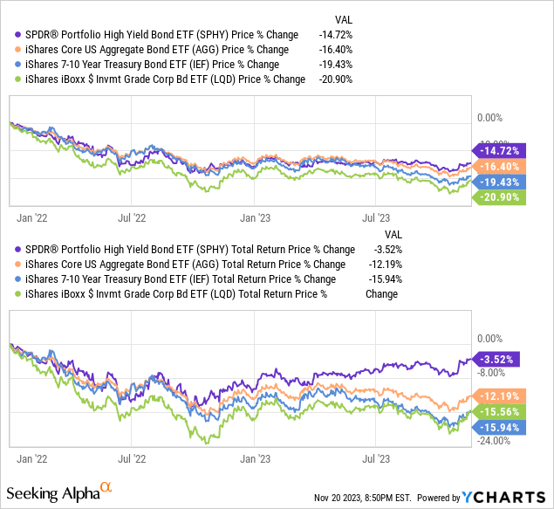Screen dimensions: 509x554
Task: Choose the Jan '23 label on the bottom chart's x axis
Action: point(256,456)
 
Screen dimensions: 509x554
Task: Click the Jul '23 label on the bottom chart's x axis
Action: point(375,456)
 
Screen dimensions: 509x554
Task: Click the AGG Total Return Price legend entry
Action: point(180,265)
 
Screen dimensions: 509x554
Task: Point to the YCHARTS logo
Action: point(506,496)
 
